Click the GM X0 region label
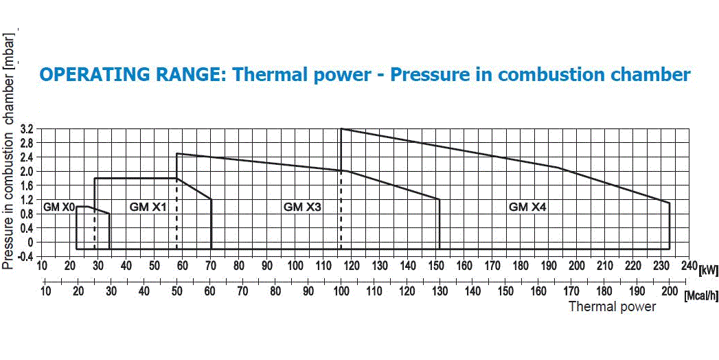[x=58, y=206]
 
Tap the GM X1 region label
[x=148, y=206]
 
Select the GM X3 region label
[x=303, y=206]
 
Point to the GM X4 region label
[x=527, y=206]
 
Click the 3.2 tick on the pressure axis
[x=27, y=128]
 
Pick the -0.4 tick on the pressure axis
[x=25, y=256]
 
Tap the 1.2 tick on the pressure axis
[x=27, y=199]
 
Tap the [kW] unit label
[x=707, y=270]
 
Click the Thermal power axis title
[x=612, y=306]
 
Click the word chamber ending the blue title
[x=648, y=74]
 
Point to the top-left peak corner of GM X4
[x=341, y=128]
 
